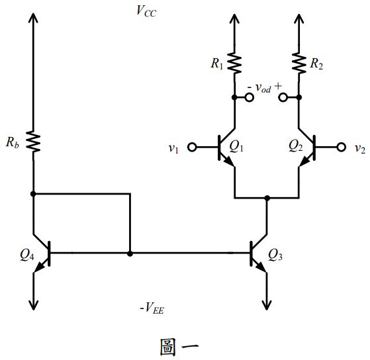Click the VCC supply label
(146, 12)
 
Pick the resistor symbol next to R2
(299, 63)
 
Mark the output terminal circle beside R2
(283, 97)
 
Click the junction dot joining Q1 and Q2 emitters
(267, 198)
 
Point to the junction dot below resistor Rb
(33, 194)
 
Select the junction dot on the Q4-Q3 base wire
(130, 253)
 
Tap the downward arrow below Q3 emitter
(267, 303)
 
